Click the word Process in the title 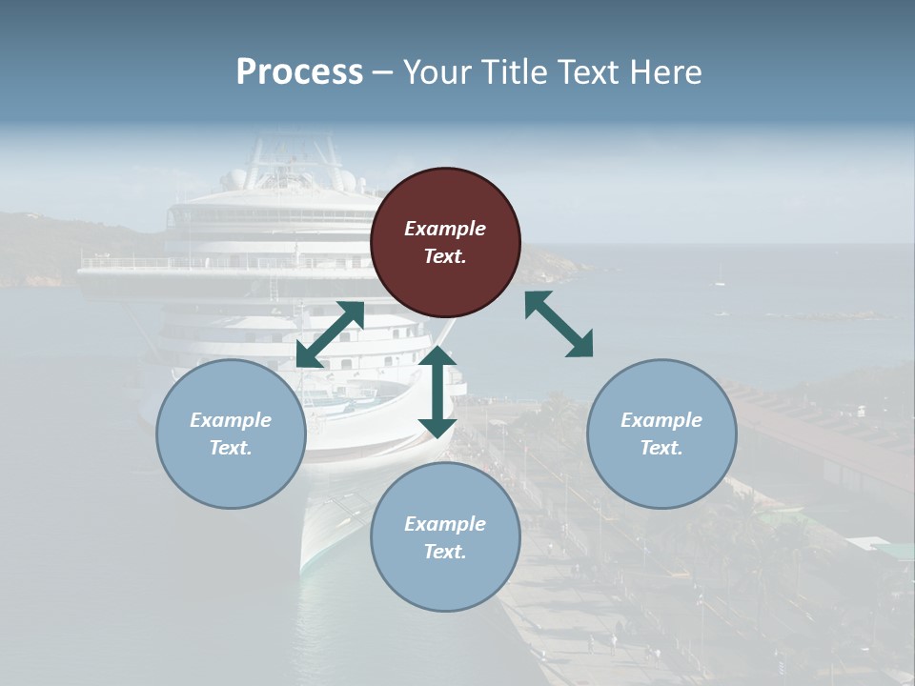coord(299,72)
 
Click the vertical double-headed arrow coord(437,391)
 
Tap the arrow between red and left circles coord(330,334)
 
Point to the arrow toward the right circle coord(559,324)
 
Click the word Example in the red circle coord(445,229)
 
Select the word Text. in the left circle coord(231,448)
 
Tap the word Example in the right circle coord(661,420)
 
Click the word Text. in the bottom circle coord(445,552)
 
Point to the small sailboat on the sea coord(720,277)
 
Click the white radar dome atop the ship coord(236,178)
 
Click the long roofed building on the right coord(820,438)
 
